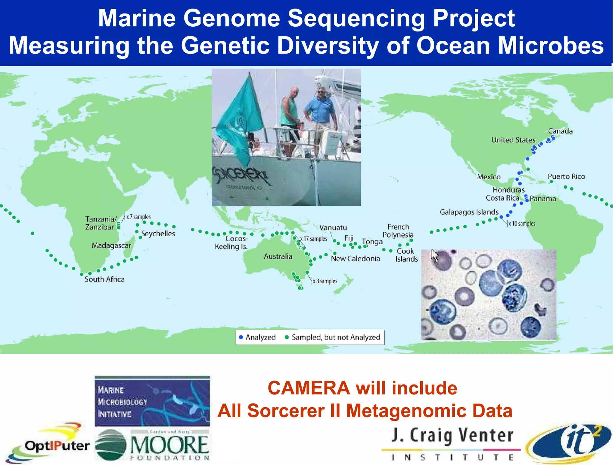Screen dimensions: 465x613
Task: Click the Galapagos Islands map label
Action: click(x=469, y=212)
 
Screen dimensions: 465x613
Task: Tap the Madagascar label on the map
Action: click(x=111, y=246)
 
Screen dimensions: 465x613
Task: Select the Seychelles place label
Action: click(x=158, y=234)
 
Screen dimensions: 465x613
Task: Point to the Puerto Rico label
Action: click(x=566, y=176)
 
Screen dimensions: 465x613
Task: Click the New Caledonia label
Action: click(x=355, y=259)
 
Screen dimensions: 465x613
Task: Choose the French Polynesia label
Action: click(x=398, y=231)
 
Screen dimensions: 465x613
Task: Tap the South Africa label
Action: click(x=104, y=279)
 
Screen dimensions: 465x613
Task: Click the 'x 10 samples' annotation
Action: click(x=522, y=224)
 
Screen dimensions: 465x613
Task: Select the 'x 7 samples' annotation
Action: click(x=138, y=217)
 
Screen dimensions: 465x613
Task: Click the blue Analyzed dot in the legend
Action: click(x=241, y=337)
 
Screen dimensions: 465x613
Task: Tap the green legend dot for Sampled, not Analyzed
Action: click(x=287, y=337)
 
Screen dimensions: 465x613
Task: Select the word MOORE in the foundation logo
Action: click(x=169, y=445)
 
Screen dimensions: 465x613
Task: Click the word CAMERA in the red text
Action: click(x=309, y=388)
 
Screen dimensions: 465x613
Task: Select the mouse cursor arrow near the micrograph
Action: click(x=434, y=256)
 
